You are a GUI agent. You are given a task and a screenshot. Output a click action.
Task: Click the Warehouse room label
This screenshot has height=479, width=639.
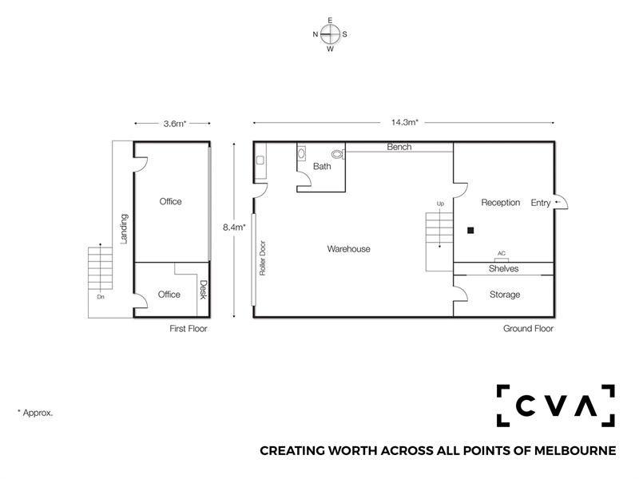348,249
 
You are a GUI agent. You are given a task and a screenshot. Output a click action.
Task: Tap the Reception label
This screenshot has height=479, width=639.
501,203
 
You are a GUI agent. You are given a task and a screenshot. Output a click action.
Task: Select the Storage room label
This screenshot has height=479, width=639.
505,295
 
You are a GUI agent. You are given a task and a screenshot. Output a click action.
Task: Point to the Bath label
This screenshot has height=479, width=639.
322,166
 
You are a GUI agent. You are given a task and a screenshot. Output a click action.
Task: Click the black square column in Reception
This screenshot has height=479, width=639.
470,231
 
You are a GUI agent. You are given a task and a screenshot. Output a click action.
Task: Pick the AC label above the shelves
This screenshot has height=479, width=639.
502,253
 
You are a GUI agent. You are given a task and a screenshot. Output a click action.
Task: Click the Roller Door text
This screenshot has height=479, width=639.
263,258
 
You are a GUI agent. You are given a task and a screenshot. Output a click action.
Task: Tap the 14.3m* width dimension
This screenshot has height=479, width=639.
404,122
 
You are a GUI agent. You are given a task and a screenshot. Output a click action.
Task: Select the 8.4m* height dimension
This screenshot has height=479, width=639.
234,228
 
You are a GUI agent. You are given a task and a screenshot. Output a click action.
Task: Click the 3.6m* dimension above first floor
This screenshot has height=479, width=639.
175,124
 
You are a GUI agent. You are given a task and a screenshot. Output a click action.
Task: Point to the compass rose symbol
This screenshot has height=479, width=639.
330,34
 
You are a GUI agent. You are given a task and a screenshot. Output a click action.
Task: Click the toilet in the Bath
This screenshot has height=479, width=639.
338,154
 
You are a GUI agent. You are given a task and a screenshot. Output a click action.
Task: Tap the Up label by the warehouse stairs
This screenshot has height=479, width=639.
440,204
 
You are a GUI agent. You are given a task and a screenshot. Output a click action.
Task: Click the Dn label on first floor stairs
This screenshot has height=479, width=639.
101,297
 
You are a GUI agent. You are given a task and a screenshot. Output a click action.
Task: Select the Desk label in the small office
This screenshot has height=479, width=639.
204,290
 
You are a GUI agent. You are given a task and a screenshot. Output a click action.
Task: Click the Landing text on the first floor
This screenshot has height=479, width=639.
124,229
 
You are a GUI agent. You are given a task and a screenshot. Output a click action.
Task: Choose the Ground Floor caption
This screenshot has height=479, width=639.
528,328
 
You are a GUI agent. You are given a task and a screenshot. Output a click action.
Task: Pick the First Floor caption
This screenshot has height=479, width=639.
189,328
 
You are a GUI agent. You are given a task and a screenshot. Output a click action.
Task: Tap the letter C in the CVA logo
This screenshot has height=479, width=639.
526,406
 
